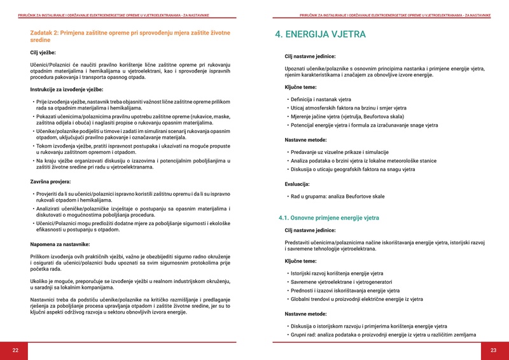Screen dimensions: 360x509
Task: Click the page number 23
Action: (x=493, y=350)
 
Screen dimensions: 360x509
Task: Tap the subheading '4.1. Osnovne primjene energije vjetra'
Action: (x=329, y=218)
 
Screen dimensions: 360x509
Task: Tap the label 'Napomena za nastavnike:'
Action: (x=60, y=244)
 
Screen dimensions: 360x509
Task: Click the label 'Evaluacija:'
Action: (x=300, y=184)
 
